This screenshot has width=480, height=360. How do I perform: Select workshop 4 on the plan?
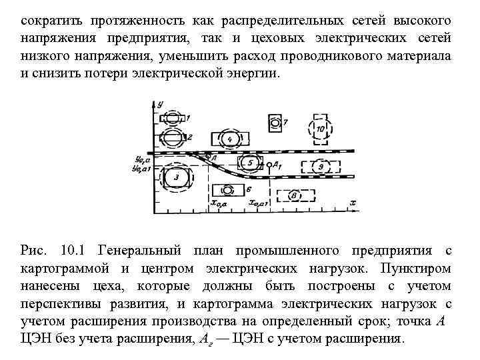(230, 139)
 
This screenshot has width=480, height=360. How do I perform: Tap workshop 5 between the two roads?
(249, 162)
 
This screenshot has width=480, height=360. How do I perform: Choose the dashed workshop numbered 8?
(294, 195)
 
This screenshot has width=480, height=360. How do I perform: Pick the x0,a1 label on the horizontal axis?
(258, 203)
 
